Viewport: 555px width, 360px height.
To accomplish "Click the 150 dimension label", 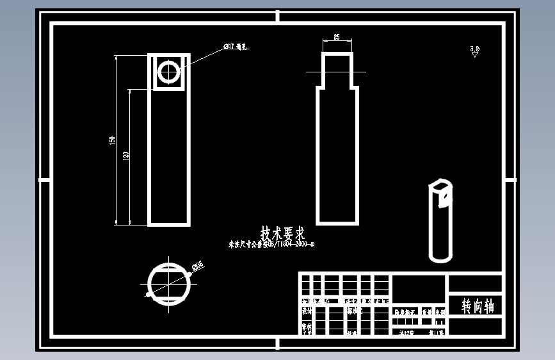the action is (x=112, y=140).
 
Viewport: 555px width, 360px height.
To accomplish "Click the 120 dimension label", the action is (x=125, y=156).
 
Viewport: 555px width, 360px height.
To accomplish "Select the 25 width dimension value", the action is (x=337, y=37).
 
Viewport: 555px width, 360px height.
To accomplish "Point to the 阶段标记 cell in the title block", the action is (x=405, y=312).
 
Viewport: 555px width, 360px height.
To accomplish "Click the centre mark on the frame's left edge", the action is (x=44, y=179).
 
